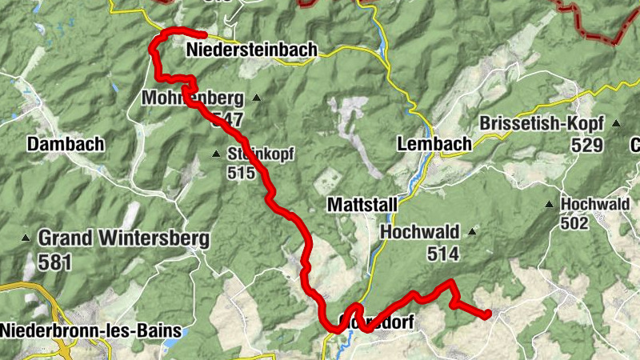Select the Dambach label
pyautogui.click(x=66, y=144)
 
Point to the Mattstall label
pyautogui.click(x=362, y=206)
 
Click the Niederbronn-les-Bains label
pyautogui.click(x=91, y=330)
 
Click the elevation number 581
pyautogui.click(x=54, y=261)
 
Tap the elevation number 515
pyautogui.click(x=241, y=173)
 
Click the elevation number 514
pyautogui.click(x=442, y=254)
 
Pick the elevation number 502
pyautogui.click(x=574, y=223)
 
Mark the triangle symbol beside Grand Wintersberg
pyautogui.click(x=26, y=238)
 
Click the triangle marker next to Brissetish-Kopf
pyautogui.click(x=616, y=123)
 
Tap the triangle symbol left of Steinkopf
pyautogui.click(x=215, y=154)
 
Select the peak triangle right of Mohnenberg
pyautogui.click(x=257, y=98)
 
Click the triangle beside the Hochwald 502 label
pyautogui.click(x=550, y=205)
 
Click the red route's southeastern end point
pyautogui.click(x=487, y=314)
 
